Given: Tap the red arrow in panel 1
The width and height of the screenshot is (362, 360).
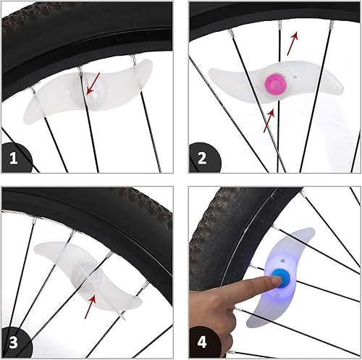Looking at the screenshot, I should (x=93, y=85).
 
